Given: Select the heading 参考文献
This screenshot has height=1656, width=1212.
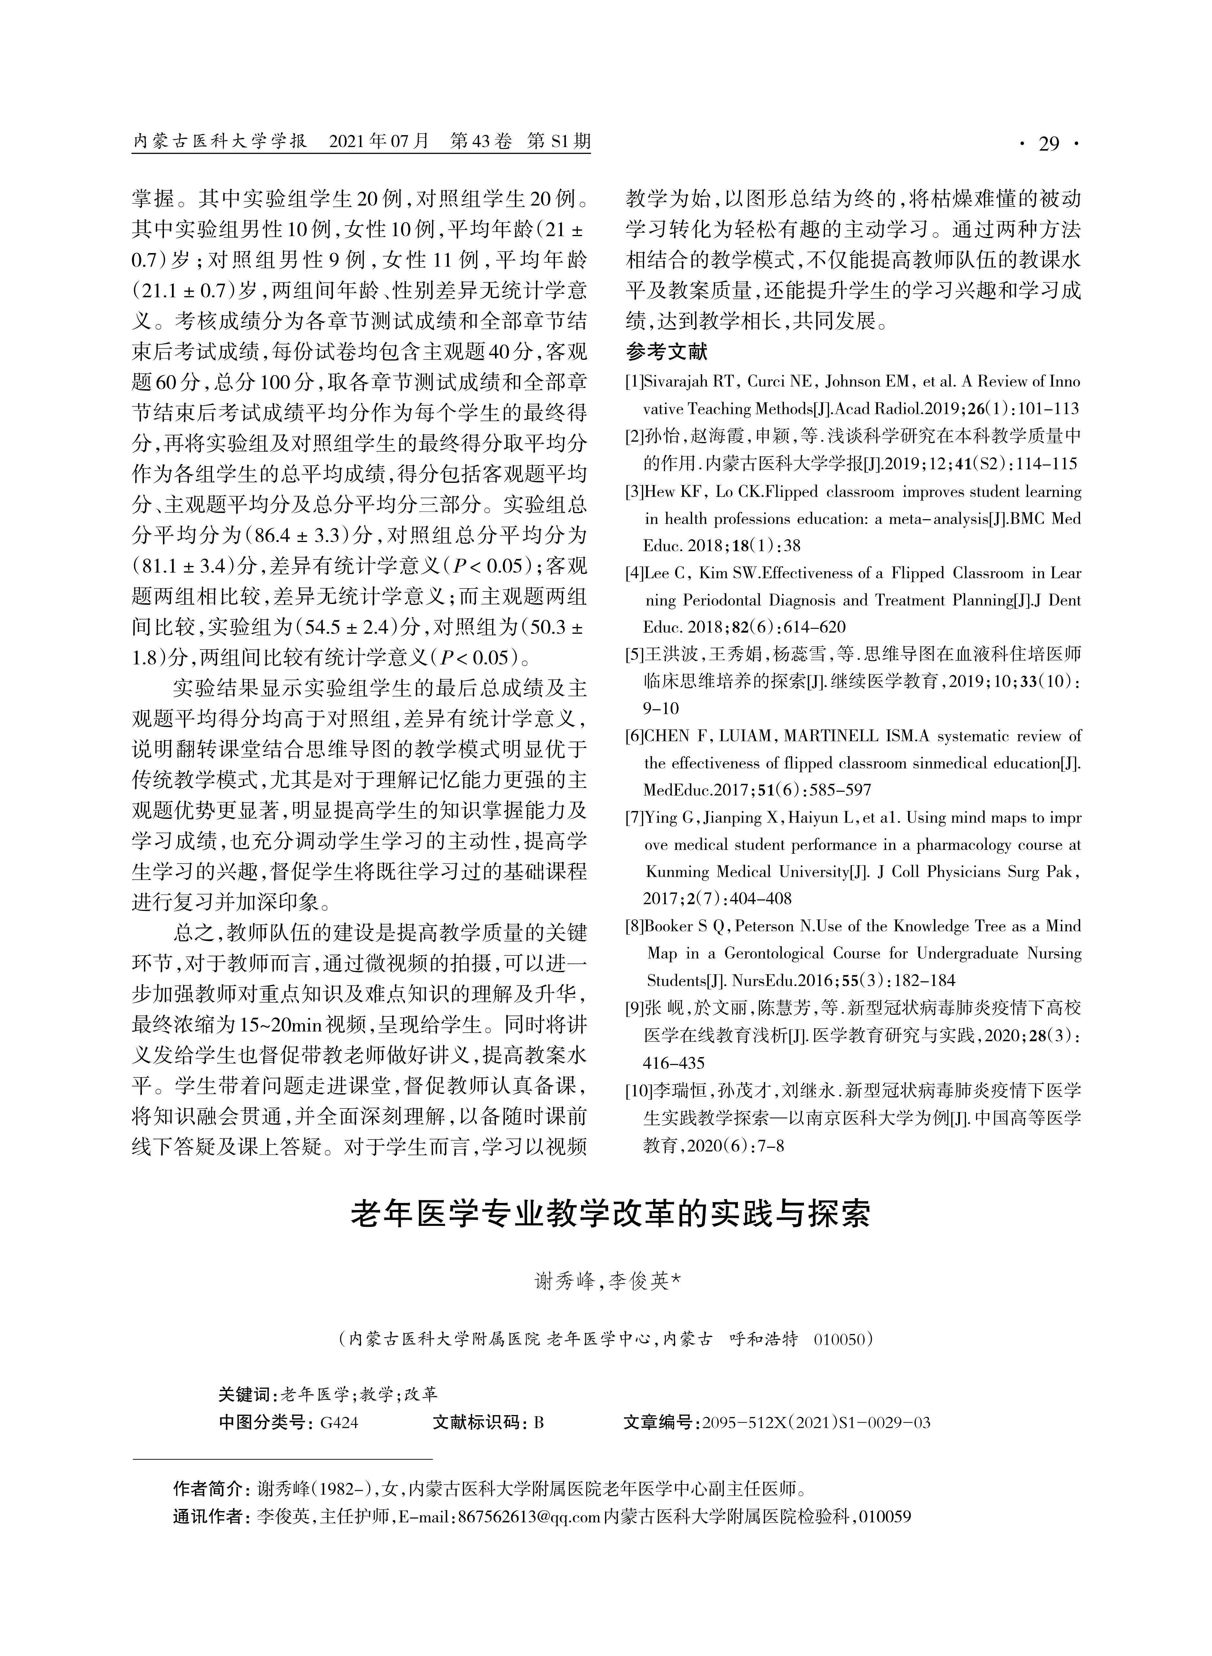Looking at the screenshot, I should (x=666, y=352).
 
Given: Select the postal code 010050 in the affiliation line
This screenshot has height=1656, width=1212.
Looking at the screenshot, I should (x=841, y=1339).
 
